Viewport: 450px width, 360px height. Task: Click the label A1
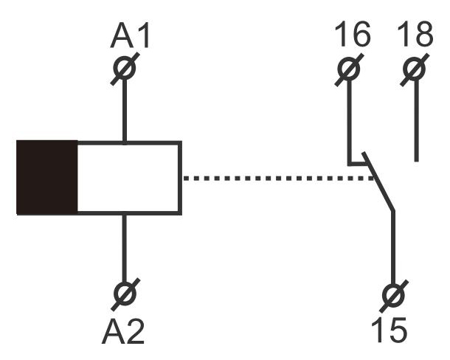[x=131, y=36]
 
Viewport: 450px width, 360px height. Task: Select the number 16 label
[x=352, y=35]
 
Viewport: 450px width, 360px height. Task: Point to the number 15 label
[x=388, y=330]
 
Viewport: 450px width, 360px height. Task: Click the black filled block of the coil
[x=46, y=178]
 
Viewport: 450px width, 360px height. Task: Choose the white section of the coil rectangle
[x=128, y=178]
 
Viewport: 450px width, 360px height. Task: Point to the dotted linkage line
[x=273, y=178]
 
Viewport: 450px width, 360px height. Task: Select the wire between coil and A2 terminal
[x=125, y=247]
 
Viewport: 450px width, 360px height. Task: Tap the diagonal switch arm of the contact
[x=381, y=188]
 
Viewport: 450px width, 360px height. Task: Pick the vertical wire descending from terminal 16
[x=350, y=118]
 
